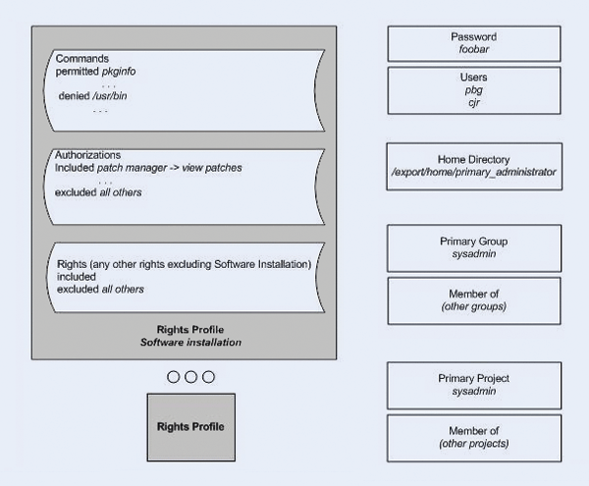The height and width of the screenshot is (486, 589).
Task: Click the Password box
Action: (474, 43)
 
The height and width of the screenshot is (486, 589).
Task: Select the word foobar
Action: (474, 50)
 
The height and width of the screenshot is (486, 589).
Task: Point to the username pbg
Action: (474, 89)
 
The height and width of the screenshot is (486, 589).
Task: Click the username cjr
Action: (474, 102)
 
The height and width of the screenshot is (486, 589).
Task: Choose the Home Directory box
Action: (474, 166)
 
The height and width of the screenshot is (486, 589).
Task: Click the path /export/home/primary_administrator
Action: (474, 172)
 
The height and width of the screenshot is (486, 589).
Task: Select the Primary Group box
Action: (474, 247)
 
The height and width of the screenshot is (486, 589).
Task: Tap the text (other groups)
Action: (474, 306)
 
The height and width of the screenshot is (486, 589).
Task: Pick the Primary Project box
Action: (474, 385)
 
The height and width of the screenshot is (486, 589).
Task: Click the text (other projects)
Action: (474, 444)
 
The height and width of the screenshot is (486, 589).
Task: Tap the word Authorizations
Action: (88, 155)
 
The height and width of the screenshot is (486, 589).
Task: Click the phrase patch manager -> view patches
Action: (169, 168)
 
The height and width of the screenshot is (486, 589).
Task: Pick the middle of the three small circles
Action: (191, 377)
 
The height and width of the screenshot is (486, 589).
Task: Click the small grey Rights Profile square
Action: (191, 427)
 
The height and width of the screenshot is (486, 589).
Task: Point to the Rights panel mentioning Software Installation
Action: (185, 277)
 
